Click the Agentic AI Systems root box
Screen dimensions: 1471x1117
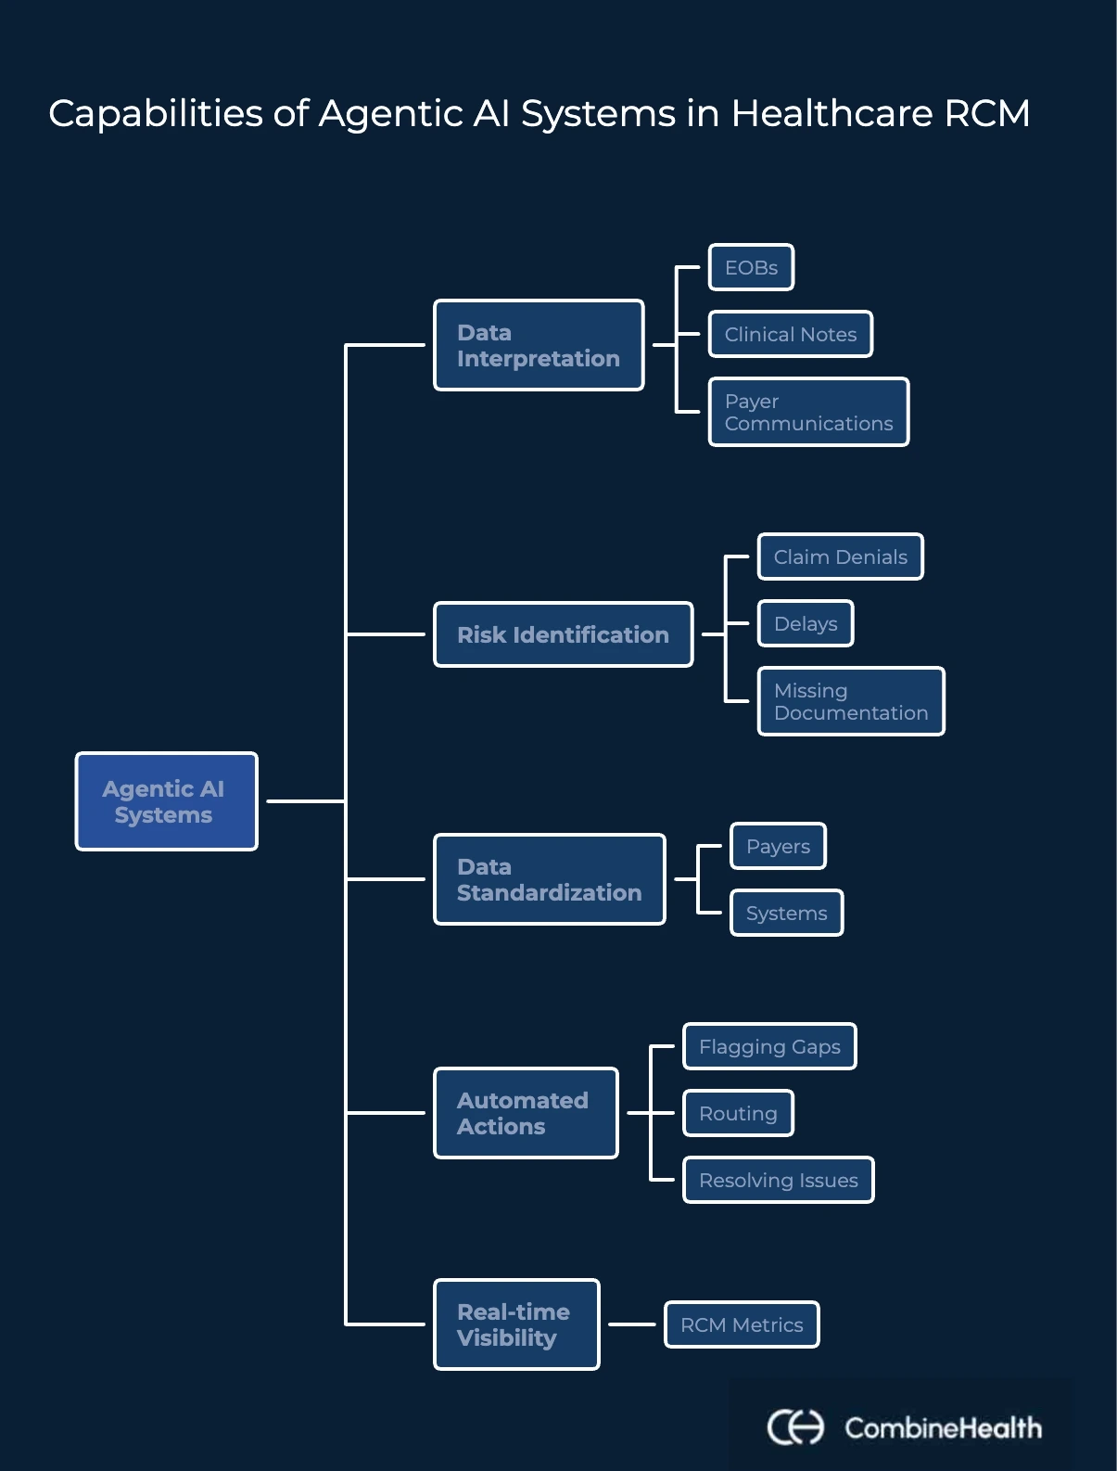(x=166, y=801)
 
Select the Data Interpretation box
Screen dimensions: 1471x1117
(x=539, y=345)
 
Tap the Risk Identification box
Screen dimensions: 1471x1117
(x=563, y=634)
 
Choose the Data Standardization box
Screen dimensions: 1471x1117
(x=549, y=879)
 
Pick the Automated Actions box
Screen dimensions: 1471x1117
(x=526, y=1113)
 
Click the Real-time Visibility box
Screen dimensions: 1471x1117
(x=516, y=1324)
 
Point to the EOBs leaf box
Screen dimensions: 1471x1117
(x=751, y=267)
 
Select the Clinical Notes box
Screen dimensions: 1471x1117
(x=790, y=334)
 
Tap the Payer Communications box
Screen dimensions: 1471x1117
(x=808, y=412)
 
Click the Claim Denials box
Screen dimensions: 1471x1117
(x=840, y=556)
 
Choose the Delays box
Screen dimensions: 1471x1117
(x=805, y=623)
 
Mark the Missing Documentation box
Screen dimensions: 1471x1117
(x=851, y=701)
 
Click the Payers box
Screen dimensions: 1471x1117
(x=778, y=846)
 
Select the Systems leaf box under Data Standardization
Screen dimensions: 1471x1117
(x=786, y=913)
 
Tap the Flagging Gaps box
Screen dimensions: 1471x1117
(x=769, y=1046)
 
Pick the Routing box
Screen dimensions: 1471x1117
(x=738, y=1113)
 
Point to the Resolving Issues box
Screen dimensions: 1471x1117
(x=778, y=1180)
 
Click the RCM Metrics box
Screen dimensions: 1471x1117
(x=742, y=1324)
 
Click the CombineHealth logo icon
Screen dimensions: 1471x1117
(x=794, y=1426)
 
